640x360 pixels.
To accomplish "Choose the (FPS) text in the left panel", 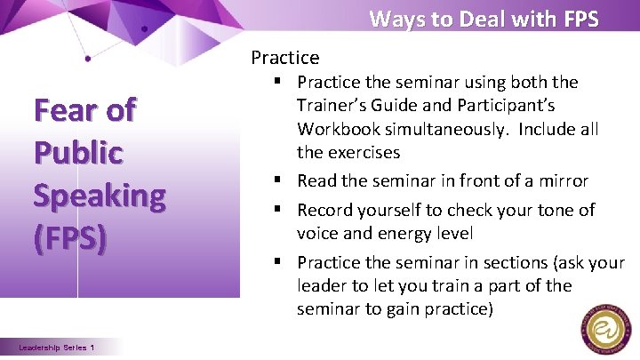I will tap(70, 238).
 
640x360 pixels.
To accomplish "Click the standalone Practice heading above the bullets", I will tap(284, 58).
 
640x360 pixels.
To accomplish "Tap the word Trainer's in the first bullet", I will tap(335, 105).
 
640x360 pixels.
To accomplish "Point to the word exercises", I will tap(361, 152).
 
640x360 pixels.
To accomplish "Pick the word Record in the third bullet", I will tap(324, 211).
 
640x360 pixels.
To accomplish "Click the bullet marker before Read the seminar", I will tap(280, 181).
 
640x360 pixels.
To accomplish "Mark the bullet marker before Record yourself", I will tap(280, 211).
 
